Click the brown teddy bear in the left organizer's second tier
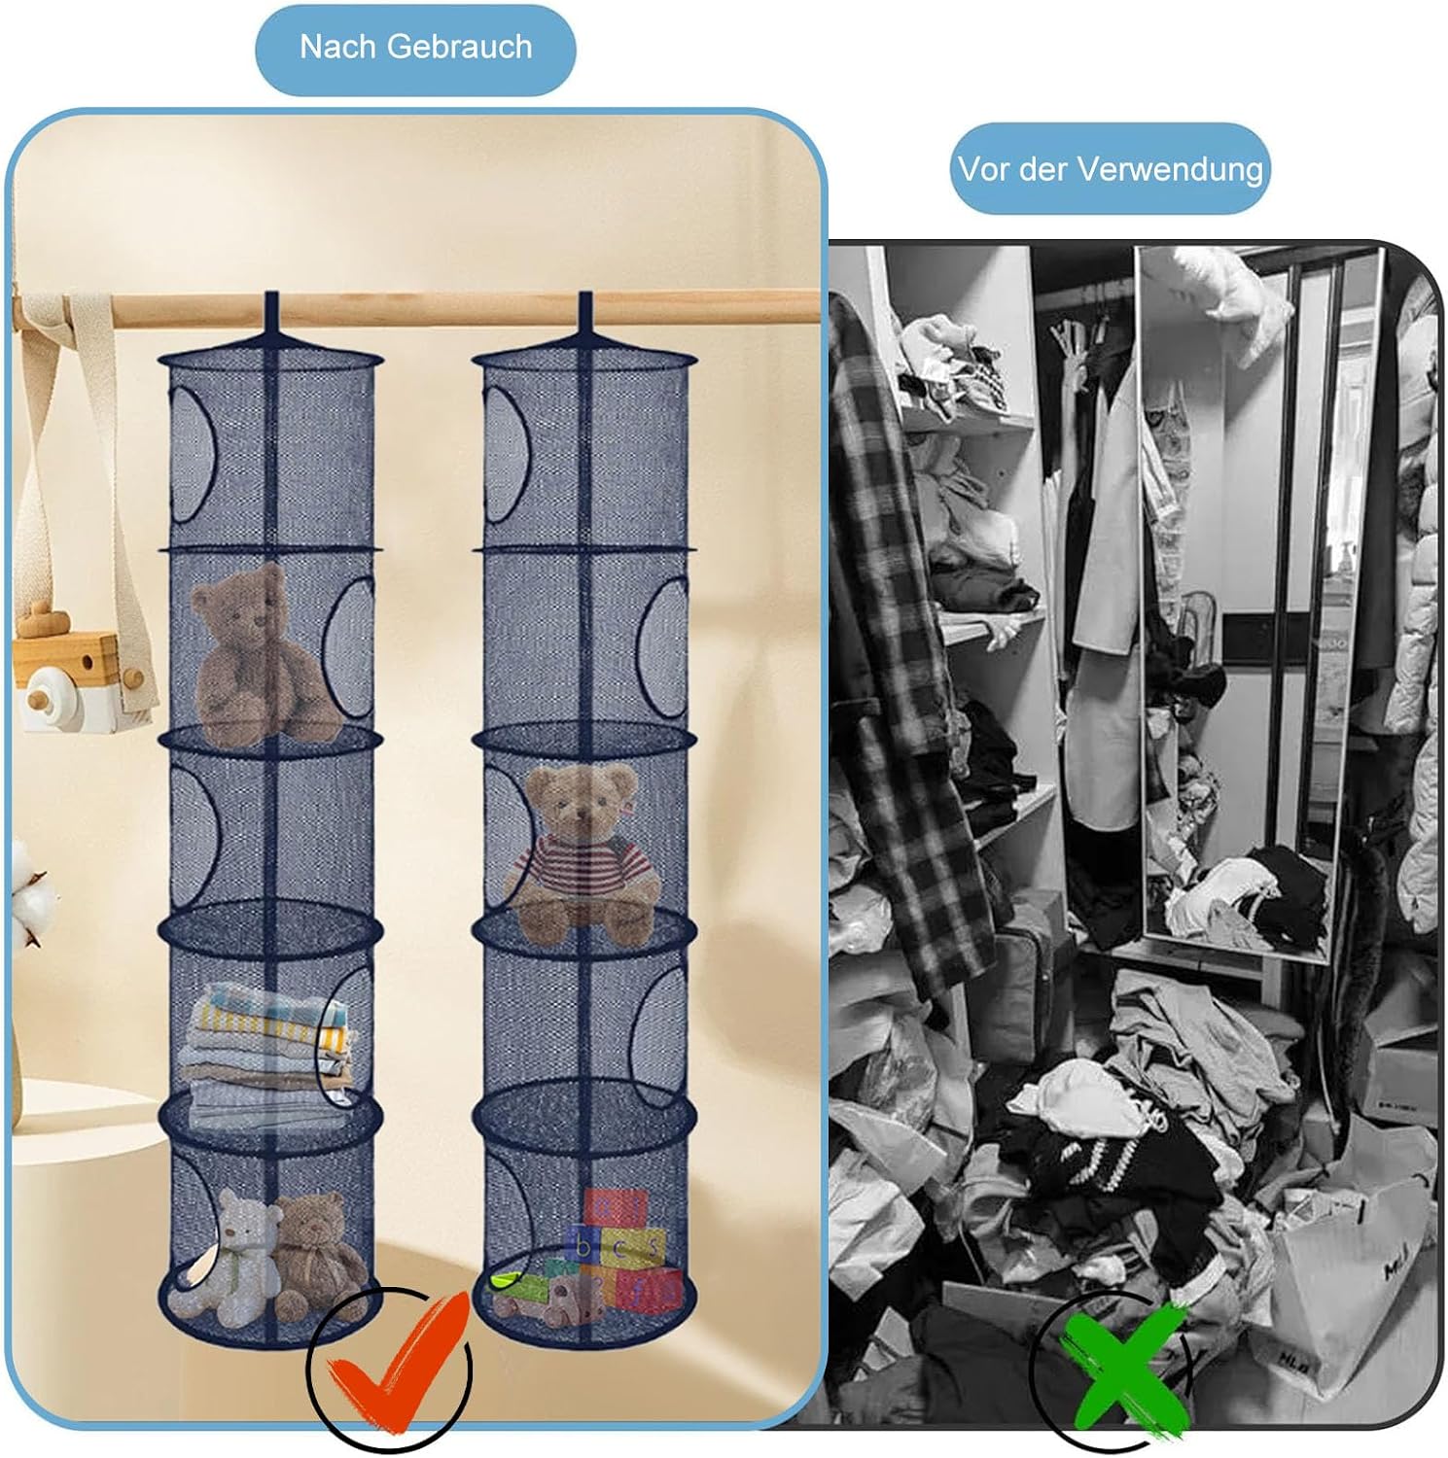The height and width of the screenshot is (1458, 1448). tap(258, 650)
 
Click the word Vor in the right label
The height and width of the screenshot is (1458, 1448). tap(979, 169)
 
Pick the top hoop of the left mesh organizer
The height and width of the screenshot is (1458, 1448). tap(271, 361)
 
